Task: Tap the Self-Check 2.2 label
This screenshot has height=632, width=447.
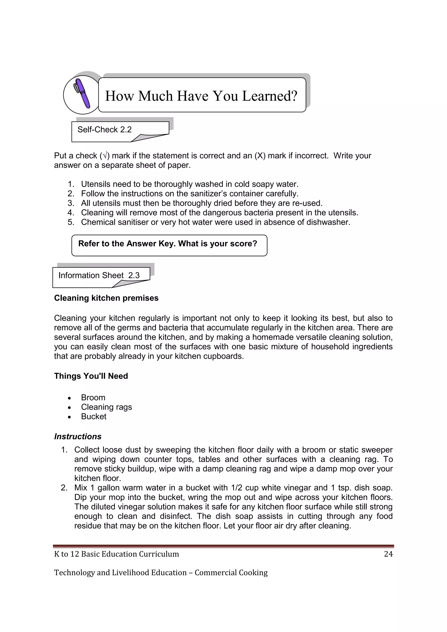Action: point(105,129)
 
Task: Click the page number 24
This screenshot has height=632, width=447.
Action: point(388,554)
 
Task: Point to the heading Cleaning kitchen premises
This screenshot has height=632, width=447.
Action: point(106,298)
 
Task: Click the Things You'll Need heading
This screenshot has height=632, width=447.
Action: point(91,376)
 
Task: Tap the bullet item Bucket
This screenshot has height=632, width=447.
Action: point(94,416)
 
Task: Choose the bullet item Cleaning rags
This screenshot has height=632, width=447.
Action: point(106,407)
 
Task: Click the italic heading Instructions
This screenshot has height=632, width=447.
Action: point(78,436)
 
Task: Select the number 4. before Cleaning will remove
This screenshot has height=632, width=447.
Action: point(71,213)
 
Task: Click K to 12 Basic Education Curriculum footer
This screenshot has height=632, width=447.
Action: point(116,554)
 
